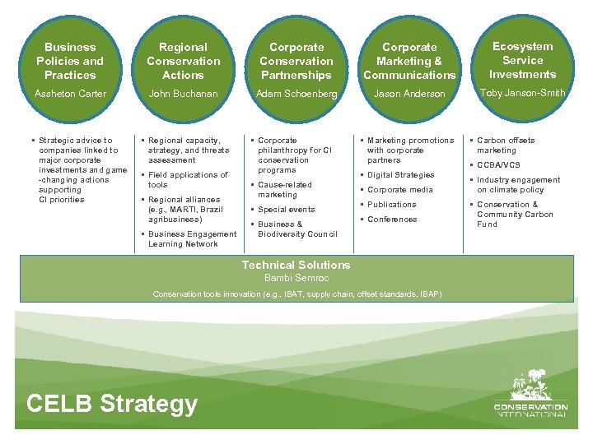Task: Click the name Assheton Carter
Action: pos(70,94)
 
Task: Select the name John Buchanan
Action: pos(183,94)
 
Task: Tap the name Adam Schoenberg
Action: pos(296,94)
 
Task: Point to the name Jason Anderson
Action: pos(409,94)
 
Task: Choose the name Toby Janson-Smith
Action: pos(522,93)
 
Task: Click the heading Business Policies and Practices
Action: pos(70,61)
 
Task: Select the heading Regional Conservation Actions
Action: pos(183,61)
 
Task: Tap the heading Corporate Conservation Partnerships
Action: pos(296,61)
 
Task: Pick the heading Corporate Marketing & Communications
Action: pos(409,61)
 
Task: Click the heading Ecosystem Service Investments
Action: pos(522,60)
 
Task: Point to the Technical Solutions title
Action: pos(296,265)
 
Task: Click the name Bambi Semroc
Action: pos(296,278)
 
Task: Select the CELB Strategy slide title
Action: pos(112,404)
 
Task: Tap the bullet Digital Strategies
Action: pos(400,175)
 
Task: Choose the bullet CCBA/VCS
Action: pos(499,165)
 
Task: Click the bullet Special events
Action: pos(286,210)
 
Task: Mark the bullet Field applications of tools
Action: pos(187,180)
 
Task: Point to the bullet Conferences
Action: pos(392,220)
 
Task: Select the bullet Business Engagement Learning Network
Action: pos(192,239)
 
